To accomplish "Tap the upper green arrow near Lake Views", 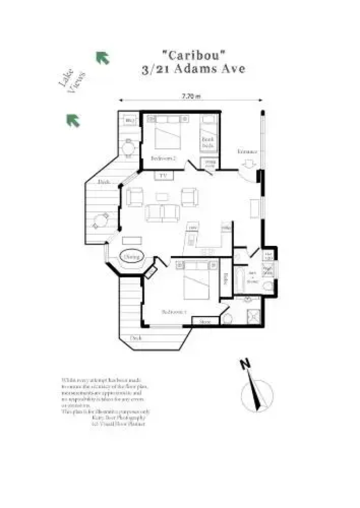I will click(103, 58).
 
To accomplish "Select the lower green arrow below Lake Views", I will click(72, 120).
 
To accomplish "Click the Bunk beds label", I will click(208, 142).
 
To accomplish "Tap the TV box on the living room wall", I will click(163, 175).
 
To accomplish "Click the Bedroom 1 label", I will click(174, 312).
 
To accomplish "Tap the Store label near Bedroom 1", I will click(205, 322).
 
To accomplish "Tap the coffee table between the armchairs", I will click(162, 198).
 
